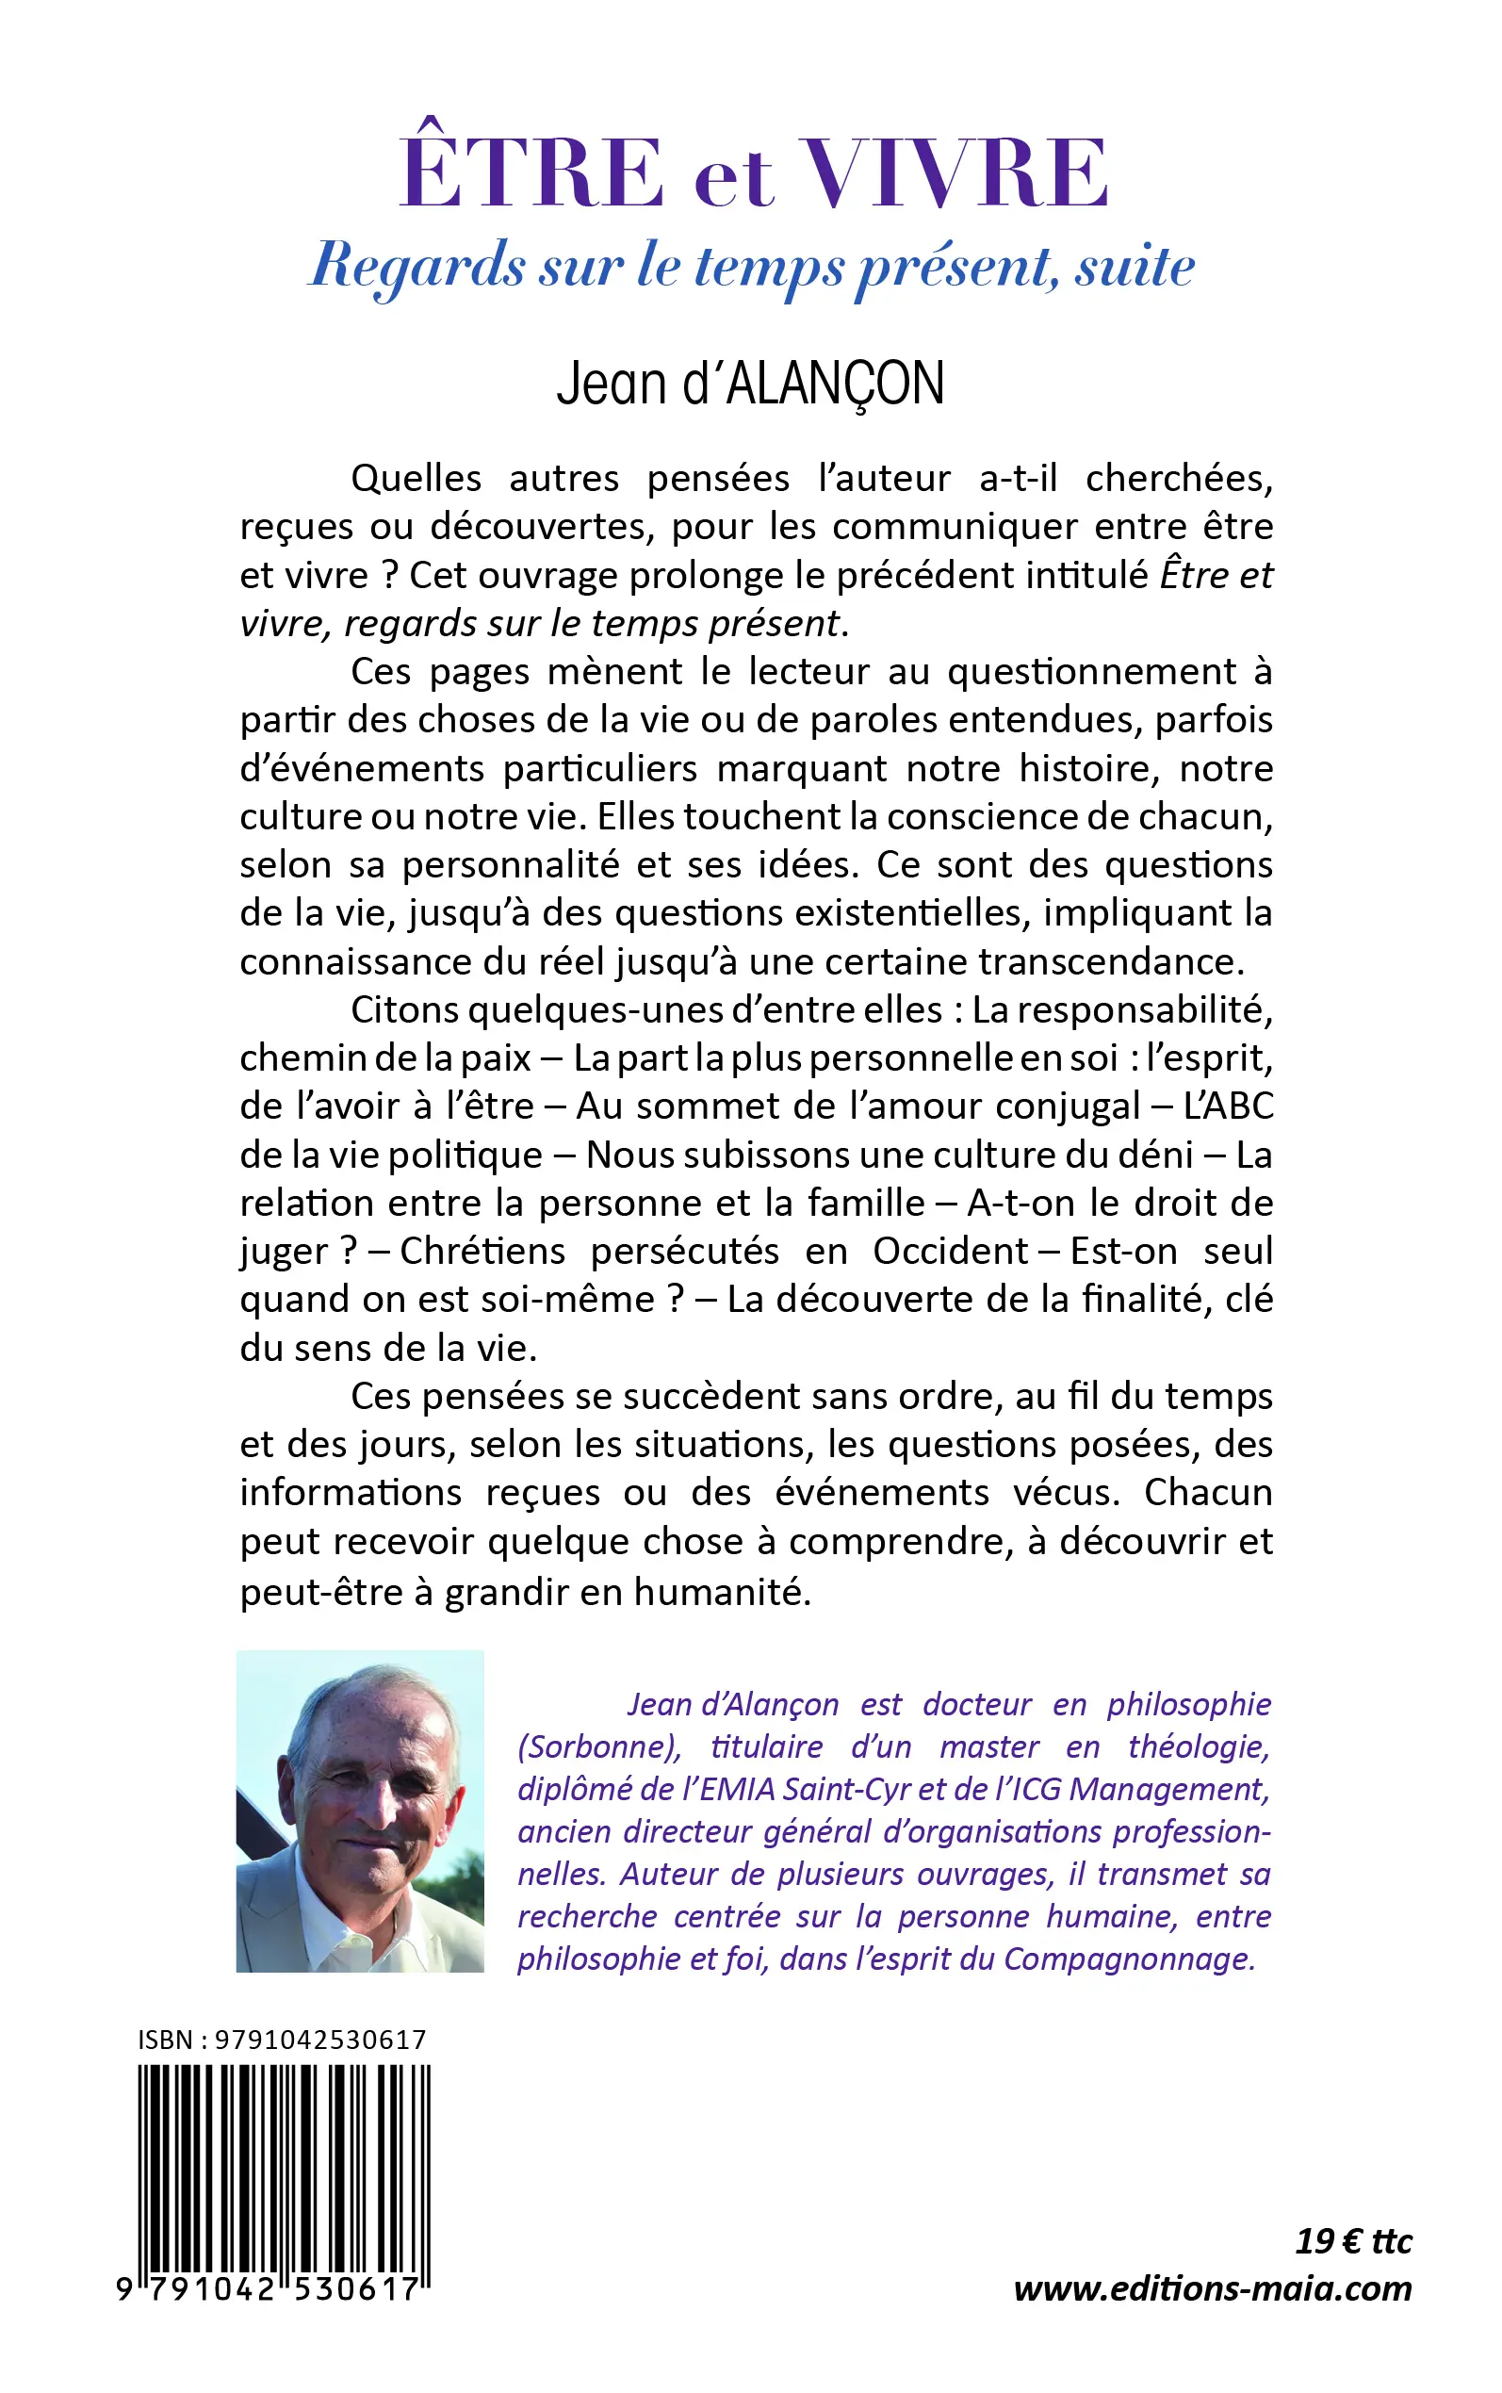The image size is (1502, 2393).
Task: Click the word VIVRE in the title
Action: pyautogui.click(x=955, y=172)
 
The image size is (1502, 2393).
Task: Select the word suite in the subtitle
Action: pyautogui.click(x=1135, y=266)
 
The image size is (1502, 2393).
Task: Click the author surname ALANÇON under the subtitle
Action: pyautogui.click(x=835, y=385)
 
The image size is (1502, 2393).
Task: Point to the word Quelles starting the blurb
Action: pyautogui.click(x=416, y=479)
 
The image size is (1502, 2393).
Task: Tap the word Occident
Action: pyautogui.click(x=951, y=1251)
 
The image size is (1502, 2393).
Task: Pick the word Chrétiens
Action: pyautogui.click(x=482, y=1251)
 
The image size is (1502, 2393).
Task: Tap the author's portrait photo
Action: pyautogui.click(x=360, y=1811)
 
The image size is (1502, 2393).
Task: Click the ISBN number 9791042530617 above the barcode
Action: pyautogui.click(x=319, y=2040)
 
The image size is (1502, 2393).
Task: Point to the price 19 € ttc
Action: pyautogui.click(x=1353, y=2242)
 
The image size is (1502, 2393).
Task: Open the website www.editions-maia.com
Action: pyautogui.click(x=1212, y=2288)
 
